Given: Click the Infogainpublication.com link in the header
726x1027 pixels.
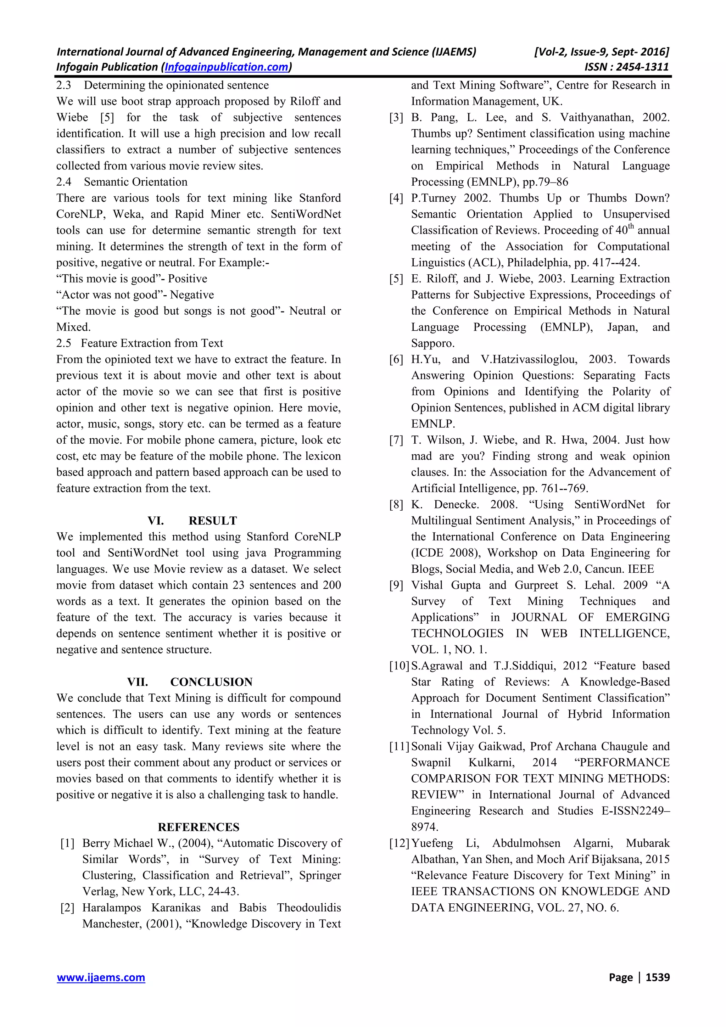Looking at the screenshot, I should (x=227, y=67).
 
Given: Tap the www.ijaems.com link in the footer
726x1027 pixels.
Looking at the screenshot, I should (x=101, y=977).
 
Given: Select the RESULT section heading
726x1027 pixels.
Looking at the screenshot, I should (x=212, y=521).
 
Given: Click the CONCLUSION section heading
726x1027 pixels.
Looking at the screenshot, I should (x=211, y=682).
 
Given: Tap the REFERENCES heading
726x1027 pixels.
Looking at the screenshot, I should (x=199, y=827).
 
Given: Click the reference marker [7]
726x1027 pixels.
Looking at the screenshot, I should (x=396, y=440).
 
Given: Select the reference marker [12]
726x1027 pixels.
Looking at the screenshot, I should (x=399, y=843).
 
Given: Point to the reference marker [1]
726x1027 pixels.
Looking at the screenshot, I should (x=68, y=843).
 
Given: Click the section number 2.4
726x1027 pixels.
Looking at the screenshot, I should (x=63, y=182).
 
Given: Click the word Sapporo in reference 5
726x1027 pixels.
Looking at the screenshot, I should (x=432, y=343).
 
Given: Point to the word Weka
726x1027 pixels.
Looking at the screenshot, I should (x=128, y=214).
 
